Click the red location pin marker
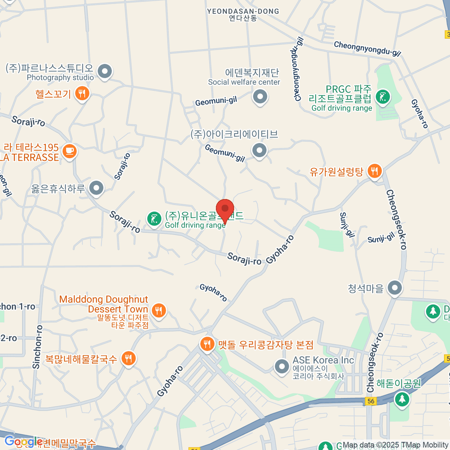pos(225,209)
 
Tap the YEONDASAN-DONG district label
pos(243,12)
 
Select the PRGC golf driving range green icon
pos(382,97)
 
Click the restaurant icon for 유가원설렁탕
pos(374,171)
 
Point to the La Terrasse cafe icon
pos(69,151)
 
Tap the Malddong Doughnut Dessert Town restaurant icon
pos(159,310)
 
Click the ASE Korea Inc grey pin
pos(282,366)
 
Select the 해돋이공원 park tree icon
pos(402,399)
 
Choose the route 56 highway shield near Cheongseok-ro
pos(370,401)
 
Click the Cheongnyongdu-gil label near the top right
pos(367,49)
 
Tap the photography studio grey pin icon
pos(105,71)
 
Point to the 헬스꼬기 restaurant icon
pos(82,93)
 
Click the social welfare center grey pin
pos(259,96)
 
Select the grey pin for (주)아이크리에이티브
pos(259,150)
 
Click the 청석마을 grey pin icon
pos(394,288)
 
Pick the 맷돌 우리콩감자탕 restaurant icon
pos(207,343)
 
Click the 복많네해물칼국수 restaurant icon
pos(128,358)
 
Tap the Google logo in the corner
pos(23,441)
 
